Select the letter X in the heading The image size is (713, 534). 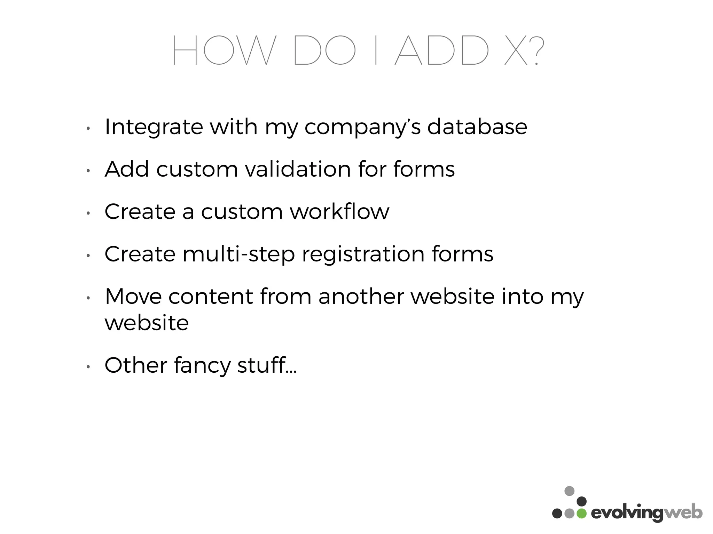[x=516, y=51]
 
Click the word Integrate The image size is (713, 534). [x=154, y=127]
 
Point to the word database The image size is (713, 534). [x=477, y=127]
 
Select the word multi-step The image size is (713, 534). [x=239, y=254]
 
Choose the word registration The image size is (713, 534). [x=363, y=254]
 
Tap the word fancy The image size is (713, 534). [x=202, y=366]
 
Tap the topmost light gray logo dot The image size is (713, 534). [x=569, y=491]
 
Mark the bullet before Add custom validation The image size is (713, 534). [x=88, y=170]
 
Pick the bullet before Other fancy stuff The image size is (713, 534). [x=88, y=366]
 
